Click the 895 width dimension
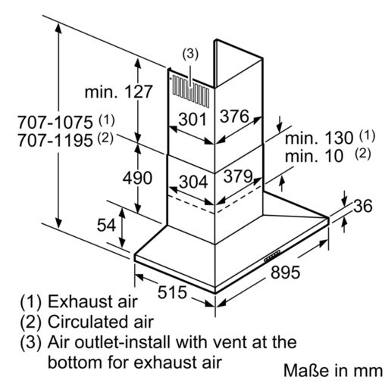point(285,272)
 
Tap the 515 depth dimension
point(172,292)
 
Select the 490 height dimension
point(137,178)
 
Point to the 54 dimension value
point(106,225)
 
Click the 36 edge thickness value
point(363,206)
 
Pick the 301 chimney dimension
point(192,120)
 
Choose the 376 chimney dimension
point(234,117)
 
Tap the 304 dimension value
point(193,182)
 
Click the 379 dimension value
point(238,176)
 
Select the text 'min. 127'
point(118,92)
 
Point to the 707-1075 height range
point(55,123)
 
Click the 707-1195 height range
point(55,141)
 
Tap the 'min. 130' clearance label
point(319,138)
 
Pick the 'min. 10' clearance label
point(314,156)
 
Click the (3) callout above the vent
point(190,54)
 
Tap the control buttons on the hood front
point(272,256)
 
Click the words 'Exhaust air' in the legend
point(92,301)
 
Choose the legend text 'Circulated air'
point(101,322)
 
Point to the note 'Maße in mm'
point(333,371)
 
